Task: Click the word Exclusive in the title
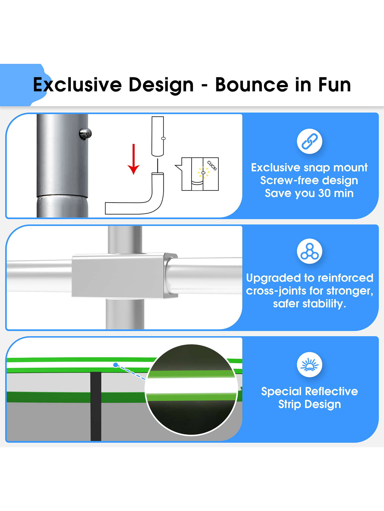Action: [x=77, y=85]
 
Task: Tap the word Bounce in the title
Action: [x=252, y=85]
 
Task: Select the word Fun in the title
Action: [x=334, y=85]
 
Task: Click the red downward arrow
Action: [x=133, y=159]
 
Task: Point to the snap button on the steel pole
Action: [x=86, y=134]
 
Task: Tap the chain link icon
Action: [x=310, y=141]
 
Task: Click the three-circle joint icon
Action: [x=310, y=251]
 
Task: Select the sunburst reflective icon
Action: [x=310, y=365]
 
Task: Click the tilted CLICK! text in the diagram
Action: [x=212, y=166]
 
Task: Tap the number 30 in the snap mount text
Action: [x=324, y=193]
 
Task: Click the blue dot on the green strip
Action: [x=116, y=365]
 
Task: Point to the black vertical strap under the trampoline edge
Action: [x=96, y=406]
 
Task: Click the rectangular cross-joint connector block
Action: [x=125, y=275]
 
